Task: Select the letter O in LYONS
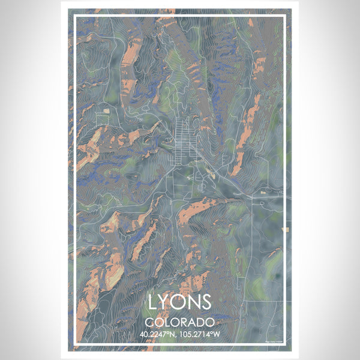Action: click(x=179, y=301)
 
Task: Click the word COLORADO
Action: click(x=179, y=322)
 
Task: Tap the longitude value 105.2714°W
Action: click(x=203, y=334)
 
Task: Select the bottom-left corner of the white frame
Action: click(x=74, y=346)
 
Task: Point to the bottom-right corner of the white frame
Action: click(x=286, y=346)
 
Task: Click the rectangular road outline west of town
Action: click(x=101, y=119)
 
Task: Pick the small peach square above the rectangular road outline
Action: click(x=107, y=110)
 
